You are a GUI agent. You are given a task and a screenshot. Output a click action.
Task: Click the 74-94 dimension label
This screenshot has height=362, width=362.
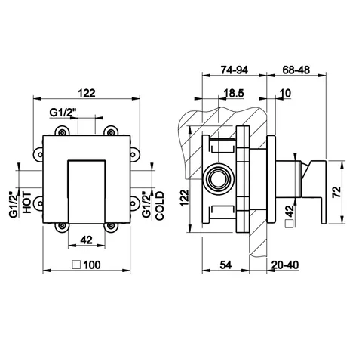(x=234, y=70)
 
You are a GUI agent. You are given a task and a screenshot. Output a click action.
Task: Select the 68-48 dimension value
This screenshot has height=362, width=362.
(x=296, y=70)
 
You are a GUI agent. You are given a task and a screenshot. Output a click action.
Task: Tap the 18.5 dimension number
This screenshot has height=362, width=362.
(x=234, y=94)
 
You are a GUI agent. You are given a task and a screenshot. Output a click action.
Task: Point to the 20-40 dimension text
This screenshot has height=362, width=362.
(x=285, y=265)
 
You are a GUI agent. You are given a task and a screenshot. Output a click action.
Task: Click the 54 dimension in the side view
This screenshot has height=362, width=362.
(x=225, y=265)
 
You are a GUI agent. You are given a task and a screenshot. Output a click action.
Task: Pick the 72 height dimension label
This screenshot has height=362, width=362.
(x=336, y=192)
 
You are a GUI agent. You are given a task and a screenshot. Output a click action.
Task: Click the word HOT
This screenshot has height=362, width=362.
(x=27, y=203)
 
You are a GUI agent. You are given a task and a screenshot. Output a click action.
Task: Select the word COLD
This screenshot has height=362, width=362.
(x=160, y=206)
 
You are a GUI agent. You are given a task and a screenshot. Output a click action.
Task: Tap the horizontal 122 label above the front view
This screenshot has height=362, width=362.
(x=87, y=93)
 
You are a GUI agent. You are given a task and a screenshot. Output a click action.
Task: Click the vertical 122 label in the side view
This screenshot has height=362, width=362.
(x=185, y=198)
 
